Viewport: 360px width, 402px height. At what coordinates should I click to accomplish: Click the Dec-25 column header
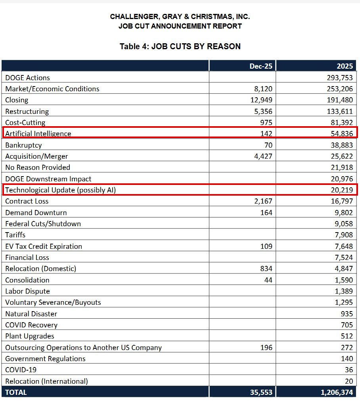coord(261,66)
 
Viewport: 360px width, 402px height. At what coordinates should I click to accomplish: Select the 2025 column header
coord(345,66)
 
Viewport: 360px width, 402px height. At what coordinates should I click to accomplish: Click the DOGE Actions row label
coord(27,78)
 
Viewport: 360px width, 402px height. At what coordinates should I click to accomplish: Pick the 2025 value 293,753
coord(340,78)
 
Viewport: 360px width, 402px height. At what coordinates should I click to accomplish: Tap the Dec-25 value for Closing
coord(261,100)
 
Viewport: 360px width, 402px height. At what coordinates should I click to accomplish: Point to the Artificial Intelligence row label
coord(38,134)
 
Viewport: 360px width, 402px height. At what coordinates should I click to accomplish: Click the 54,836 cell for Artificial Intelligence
coord(342,134)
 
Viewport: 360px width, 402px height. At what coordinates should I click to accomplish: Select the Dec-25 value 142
coord(266,134)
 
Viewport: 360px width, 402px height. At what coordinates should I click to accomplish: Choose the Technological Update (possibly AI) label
coord(61,190)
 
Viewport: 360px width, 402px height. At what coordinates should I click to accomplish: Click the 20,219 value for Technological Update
coord(342,190)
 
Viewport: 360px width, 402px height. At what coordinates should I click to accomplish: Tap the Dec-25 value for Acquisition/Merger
coord(263,156)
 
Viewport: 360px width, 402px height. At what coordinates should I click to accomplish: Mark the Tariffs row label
coord(15,235)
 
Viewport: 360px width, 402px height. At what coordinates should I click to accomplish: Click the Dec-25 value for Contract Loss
coord(263,201)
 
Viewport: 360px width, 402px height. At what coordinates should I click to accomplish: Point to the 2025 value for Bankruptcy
coord(342,145)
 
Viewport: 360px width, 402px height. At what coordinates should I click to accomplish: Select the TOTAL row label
coord(16,392)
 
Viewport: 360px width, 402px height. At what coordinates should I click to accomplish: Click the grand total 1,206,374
coord(337,392)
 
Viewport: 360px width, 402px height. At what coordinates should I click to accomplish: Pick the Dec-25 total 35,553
coord(261,392)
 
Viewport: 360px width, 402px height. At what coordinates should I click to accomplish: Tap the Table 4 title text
coord(180,46)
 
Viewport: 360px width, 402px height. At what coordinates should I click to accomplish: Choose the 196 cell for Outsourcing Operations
coord(266,347)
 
